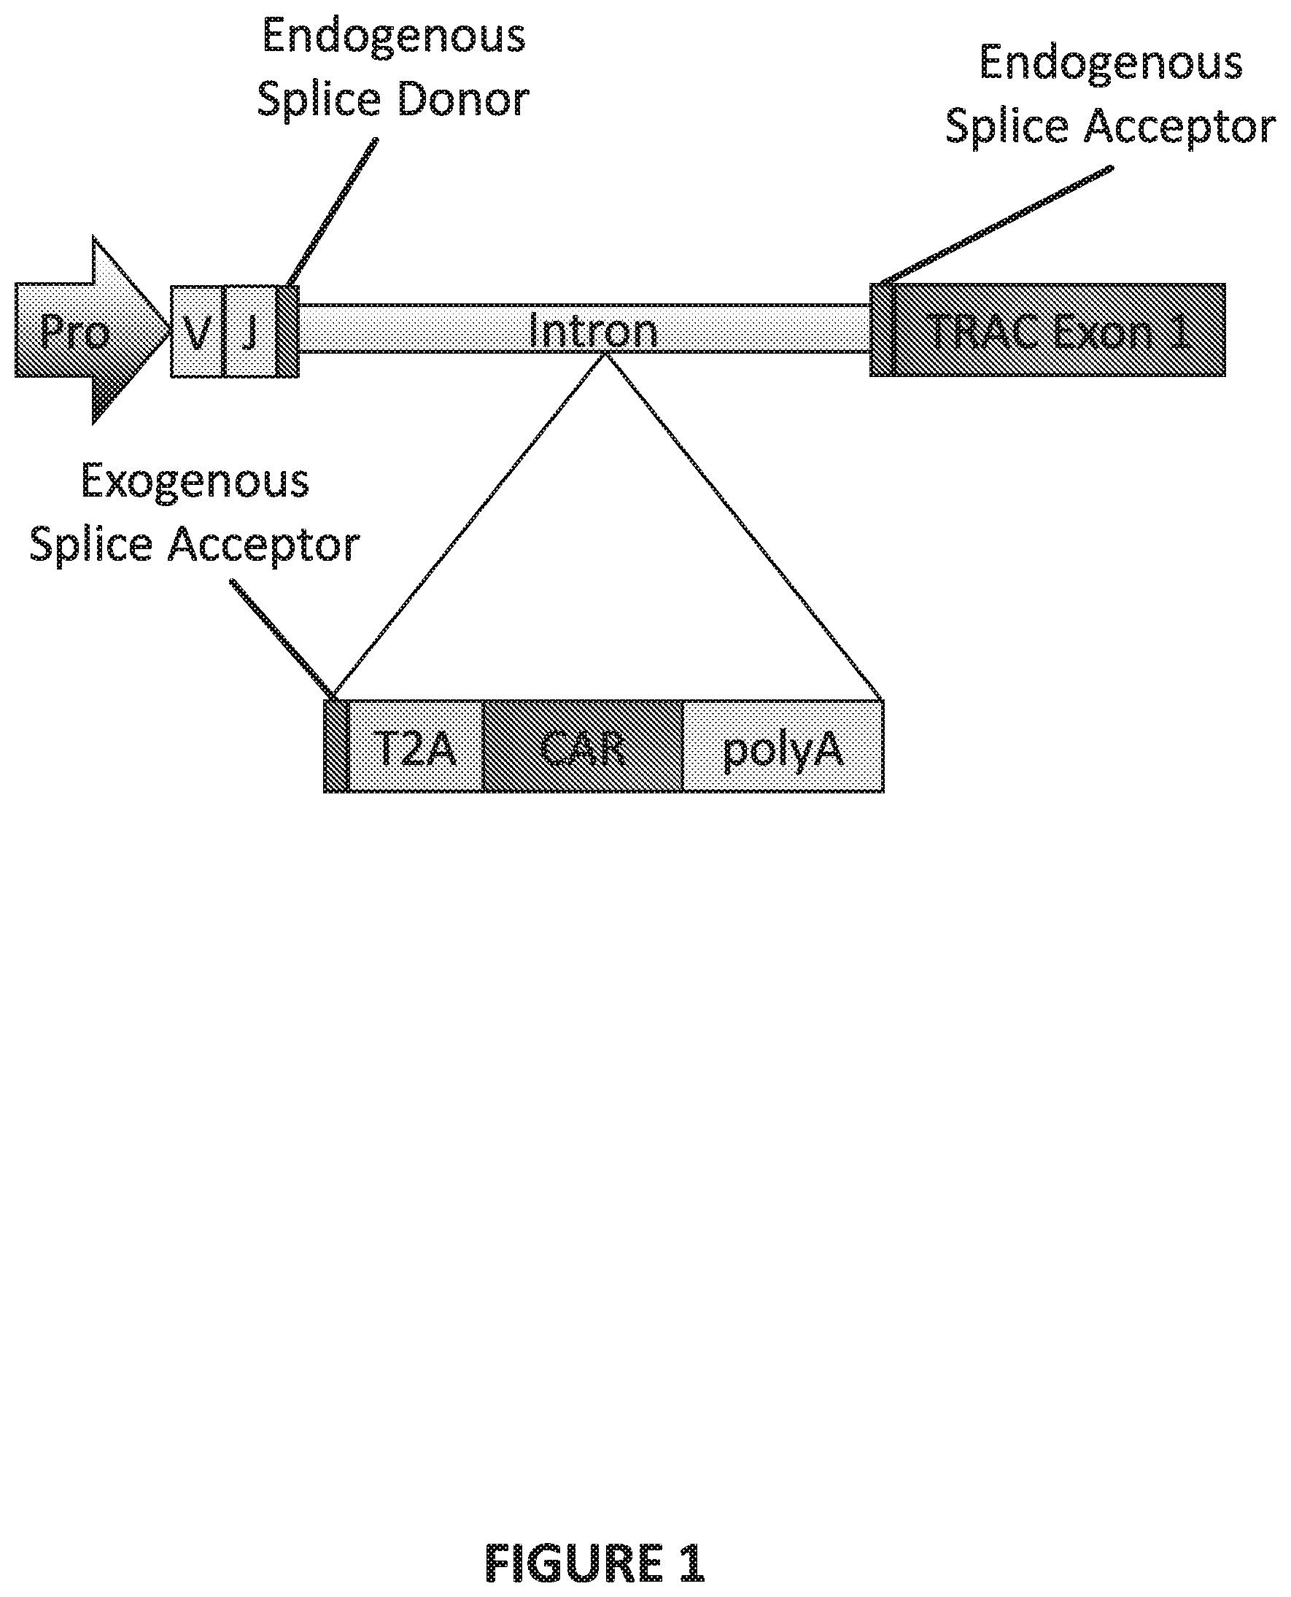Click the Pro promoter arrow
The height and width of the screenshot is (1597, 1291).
click(x=82, y=330)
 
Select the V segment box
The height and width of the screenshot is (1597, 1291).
click(x=196, y=332)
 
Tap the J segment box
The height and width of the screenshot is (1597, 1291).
click(x=250, y=332)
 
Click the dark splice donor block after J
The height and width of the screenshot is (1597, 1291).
click(x=288, y=332)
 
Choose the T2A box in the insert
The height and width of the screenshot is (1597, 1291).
click(x=415, y=747)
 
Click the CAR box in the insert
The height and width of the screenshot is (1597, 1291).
click(x=582, y=747)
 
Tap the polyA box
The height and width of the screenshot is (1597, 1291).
click(x=783, y=747)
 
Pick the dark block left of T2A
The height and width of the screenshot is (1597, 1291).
click(x=336, y=747)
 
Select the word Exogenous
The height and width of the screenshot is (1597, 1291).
click(x=195, y=482)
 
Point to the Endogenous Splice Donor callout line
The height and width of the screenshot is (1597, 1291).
click(x=331, y=212)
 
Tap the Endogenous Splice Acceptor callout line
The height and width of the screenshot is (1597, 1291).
click(x=996, y=226)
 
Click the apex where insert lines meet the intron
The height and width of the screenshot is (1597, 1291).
click(x=606, y=356)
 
